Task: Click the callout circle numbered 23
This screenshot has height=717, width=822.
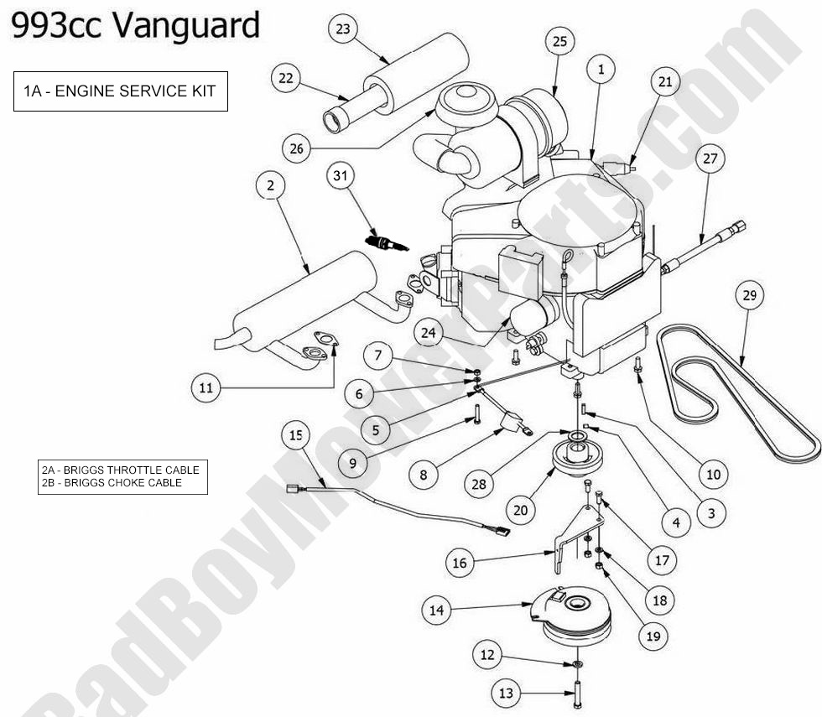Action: (x=342, y=29)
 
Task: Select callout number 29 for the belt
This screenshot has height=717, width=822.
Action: (x=749, y=296)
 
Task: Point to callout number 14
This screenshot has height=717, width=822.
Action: (x=436, y=610)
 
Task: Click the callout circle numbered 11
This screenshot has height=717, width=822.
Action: (x=205, y=387)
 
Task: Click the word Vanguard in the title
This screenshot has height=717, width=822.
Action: (x=185, y=26)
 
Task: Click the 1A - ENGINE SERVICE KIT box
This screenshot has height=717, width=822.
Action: (x=120, y=91)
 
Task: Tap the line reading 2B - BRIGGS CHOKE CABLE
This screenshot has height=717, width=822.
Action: (x=111, y=483)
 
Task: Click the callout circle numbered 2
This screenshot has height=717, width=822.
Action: (x=270, y=186)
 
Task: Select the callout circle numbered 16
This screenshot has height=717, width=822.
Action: (x=460, y=563)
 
